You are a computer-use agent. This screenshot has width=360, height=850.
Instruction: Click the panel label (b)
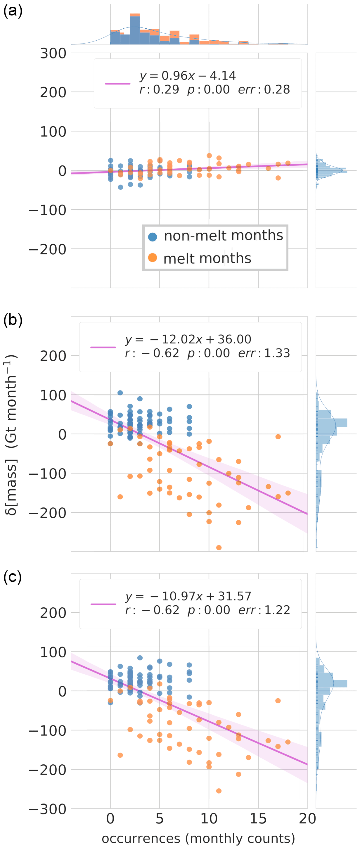tap(13, 320)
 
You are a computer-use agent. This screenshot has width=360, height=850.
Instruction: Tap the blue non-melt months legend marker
tap(153, 236)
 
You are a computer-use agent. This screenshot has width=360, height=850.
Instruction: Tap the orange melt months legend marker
tap(153, 258)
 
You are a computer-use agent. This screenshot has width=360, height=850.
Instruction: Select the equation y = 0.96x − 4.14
tap(187, 76)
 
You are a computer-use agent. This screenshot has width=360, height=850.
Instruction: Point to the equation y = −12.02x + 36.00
tap(188, 339)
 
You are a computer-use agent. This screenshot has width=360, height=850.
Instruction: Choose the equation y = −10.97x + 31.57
tap(188, 596)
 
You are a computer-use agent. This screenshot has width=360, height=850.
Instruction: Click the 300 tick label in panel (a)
tap(53, 53)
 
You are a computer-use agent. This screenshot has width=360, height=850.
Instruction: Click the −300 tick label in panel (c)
tap(48, 809)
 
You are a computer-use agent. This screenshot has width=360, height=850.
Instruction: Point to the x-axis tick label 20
tap(307, 819)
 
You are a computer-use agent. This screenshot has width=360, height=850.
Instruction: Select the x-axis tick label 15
tap(258, 819)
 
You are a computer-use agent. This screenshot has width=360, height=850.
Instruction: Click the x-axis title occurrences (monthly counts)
tap(198, 838)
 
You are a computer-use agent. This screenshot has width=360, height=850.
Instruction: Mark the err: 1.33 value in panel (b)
tap(264, 353)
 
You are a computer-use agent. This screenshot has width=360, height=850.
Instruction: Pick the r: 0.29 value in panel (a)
tap(159, 89)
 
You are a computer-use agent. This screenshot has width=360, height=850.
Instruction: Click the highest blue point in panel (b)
tap(120, 393)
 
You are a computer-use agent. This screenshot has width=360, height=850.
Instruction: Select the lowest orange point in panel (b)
tap(219, 548)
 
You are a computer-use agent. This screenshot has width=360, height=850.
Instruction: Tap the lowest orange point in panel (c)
tap(219, 791)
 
